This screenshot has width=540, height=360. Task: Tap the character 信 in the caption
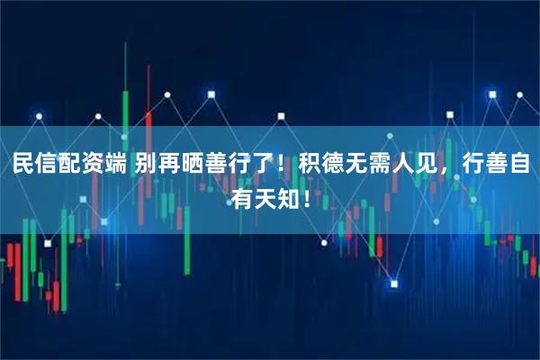pos(48,166)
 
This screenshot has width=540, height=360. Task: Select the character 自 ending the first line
pos(517,166)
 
